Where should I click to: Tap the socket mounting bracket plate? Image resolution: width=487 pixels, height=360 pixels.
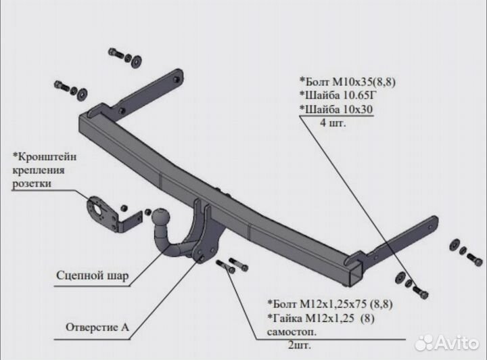click(x=101, y=210)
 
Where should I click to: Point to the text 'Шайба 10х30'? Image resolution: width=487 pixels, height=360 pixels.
click(x=335, y=110)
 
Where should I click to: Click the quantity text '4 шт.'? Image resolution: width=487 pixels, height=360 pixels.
click(x=336, y=122)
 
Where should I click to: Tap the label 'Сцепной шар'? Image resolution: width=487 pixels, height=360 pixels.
click(x=93, y=275)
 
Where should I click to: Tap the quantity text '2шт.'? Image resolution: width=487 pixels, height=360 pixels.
click(x=302, y=344)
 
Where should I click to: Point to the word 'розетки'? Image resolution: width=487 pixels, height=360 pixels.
click(x=32, y=183)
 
